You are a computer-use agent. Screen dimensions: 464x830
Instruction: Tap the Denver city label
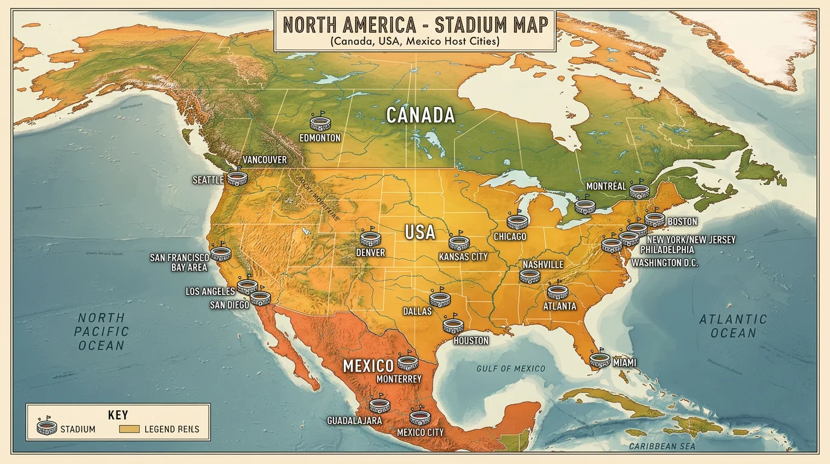tap(370, 253)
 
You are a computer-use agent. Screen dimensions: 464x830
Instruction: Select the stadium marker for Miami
tap(600, 359)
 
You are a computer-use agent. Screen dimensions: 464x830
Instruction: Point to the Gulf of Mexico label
tap(510, 369)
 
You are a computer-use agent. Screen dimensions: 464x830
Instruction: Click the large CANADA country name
tap(420, 115)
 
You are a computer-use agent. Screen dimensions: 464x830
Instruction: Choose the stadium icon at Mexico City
tap(420, 417)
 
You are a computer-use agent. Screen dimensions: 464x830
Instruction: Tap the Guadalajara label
tap(354, 420)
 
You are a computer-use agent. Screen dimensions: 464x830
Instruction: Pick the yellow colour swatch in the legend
tap(130, 430)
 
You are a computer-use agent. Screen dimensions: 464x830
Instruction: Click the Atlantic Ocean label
tap(733, 326)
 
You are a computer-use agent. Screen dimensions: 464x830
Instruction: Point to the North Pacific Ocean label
tap(101, 332)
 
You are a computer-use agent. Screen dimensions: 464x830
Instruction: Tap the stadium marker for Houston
tap(453, 326)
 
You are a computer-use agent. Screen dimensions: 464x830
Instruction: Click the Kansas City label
tap(463, 257)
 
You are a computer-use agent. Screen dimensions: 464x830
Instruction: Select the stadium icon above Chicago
tap(518, 221)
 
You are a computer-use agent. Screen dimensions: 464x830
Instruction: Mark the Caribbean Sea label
tap(662, 446)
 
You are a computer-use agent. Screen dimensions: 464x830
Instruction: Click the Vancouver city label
tap(264, 160)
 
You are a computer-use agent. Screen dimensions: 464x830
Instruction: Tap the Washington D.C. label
tap(664, 263)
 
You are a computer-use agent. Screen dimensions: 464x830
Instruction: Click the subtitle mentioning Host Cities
tap(415, 42)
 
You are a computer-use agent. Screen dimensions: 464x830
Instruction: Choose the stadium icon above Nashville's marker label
tap(530, 276)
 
